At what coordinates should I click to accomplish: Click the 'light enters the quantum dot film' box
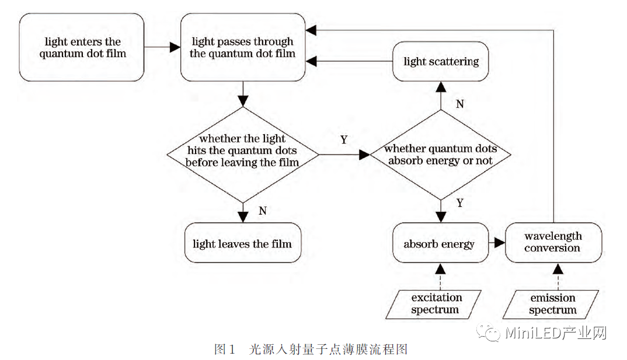point(82,47)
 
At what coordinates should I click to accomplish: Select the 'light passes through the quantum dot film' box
point(243,47)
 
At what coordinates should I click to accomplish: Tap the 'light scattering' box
point(441,61)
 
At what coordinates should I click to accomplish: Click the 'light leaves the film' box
point(242,243)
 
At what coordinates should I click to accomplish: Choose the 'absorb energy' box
point(439,243)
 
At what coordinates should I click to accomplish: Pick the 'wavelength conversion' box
point(552,242)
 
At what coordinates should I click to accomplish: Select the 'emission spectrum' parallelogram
point(552,304)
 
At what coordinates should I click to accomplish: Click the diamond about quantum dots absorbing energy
point(441,155)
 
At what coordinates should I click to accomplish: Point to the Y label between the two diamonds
point(344,141)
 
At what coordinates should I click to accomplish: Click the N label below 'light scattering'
point(459,104)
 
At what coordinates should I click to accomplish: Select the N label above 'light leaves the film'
point(262,211)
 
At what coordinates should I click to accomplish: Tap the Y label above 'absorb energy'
point(459,203)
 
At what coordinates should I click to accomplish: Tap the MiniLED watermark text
point(555,333)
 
